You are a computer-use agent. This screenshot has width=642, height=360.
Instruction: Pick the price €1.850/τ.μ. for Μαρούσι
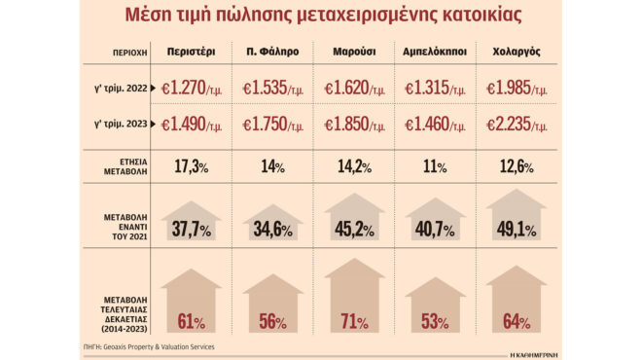(x=352, y=126)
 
